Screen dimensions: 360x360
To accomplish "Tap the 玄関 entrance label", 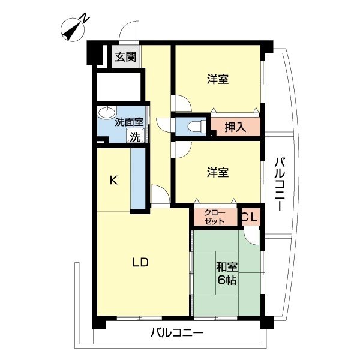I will click(x=125, y=58).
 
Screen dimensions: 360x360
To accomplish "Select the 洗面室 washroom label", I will click(x=129, y=121).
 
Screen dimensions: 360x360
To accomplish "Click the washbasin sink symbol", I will click(x=107, y=112).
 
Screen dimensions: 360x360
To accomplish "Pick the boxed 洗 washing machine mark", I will click(x=136, y=136).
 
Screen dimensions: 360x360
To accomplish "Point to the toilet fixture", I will click(x=193, y=127).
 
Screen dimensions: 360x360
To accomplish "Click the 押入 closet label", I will click(x=235, y=127).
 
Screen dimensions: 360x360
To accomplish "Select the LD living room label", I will click(x=140, y=262).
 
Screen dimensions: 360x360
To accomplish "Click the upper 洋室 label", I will click(x=217, y=79).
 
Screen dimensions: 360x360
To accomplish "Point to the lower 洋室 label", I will click(x=217, y=172).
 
